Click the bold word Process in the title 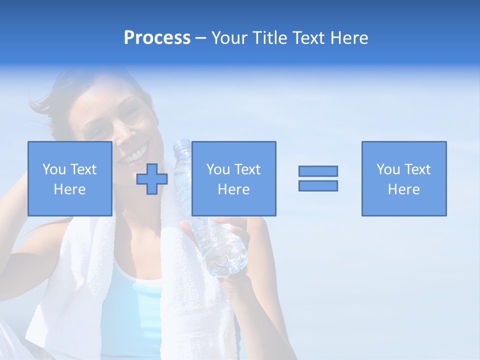coord(157,38)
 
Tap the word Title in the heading coord(270,38)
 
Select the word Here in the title coord(348,38)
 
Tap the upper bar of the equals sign coord(318,171)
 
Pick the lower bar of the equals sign coord(318,186)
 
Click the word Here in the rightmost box coord(403,189)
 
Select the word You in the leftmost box coord(54,169)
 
